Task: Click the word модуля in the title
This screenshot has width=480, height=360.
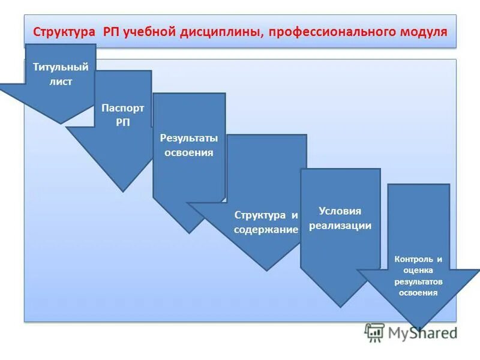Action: pyautogui.click(x=423, y=31)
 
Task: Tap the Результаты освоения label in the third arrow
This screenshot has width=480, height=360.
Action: pyautogui.click(x=189, y=145)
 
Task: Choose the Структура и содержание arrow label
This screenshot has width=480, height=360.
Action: pyautogui.click(x=266, y=222)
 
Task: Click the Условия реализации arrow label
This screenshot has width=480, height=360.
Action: pyautogui.click(x=340, y=218)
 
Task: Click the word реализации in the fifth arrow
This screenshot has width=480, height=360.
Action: pyautogui.click(x=340, y=226)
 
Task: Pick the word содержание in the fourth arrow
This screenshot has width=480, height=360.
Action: pyautogui.click(x=266, y=230)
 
